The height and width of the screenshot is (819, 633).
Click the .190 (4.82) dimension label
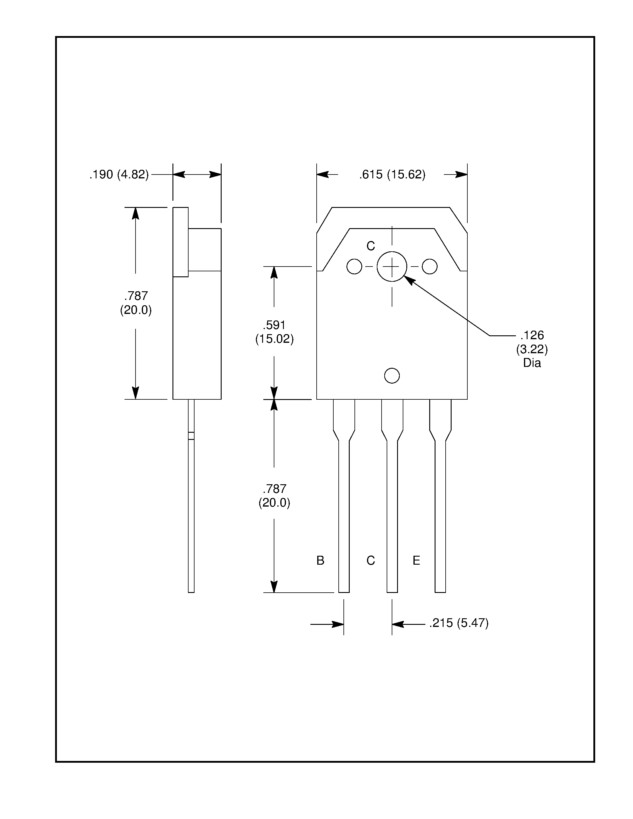point(119,175)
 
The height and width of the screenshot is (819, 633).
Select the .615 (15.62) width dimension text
point(392,175)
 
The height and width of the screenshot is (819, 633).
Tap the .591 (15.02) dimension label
point(274,332)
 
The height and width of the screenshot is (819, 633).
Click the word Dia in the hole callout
point(532,363)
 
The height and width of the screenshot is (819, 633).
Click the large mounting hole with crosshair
point(392,267)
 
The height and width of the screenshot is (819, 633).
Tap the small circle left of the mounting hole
point(354,267)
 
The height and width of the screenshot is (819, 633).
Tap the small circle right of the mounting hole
point(429,267)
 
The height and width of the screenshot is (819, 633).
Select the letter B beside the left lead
point(320,560)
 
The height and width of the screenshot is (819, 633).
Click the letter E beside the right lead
point(416,560)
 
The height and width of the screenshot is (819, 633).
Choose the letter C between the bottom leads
point(371,560)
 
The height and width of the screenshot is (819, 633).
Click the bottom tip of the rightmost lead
point(440,591)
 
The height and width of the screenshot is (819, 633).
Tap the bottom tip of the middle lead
point(392,591)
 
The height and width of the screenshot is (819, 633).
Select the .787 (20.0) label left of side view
point(136,303)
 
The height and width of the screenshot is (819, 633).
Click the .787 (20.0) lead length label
point(274,496)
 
